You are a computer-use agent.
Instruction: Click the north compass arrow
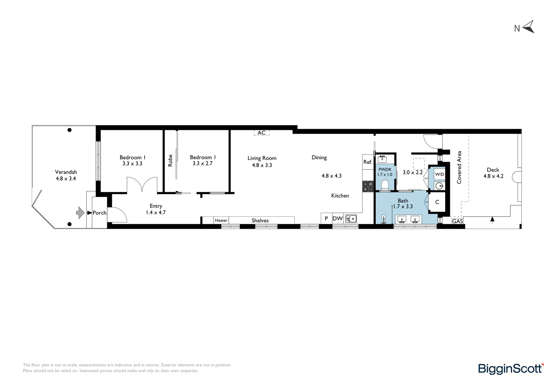pos(528,27)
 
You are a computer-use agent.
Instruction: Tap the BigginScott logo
pos(511,369)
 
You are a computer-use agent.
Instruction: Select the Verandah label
pos(66,172)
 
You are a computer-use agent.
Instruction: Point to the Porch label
pos(99,213)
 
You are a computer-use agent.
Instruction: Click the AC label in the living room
pos(261,133)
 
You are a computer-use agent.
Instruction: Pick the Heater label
pos(221,220)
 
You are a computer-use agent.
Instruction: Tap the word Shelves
pos(260,220)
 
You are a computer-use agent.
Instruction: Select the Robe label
pos(170,161)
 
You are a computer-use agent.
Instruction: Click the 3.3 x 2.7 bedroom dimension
pos(202,164)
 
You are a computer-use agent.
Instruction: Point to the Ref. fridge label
pos(368,162)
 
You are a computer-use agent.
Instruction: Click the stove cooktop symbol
pos(368,186)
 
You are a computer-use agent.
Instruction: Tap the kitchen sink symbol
pos(351,219)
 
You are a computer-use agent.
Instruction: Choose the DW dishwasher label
pos(337,218)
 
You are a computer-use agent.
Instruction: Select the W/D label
pos(439,174)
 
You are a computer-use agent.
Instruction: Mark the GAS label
pos(457,221)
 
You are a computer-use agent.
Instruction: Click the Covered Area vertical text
pos(459,167)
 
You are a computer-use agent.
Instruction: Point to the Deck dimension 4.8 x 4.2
pos(493,176)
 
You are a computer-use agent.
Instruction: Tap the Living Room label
pos(262,158)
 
